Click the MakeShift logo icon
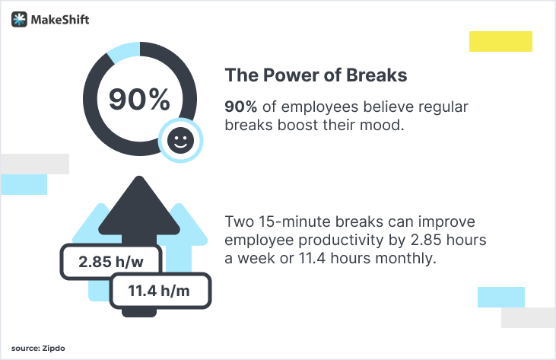tap(19, 20)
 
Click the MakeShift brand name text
tap(60, 20)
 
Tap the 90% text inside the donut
tap(139, 99)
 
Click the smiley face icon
tap(180, 140)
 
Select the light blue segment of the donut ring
tap(121, 52)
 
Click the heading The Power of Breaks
tap(316, 76)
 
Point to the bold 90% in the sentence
tap(240, 107)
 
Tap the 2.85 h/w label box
tap(111, 263)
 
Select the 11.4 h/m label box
tap(160, 290)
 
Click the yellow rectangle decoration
tap(500, 41)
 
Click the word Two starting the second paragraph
tap(240, 222)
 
